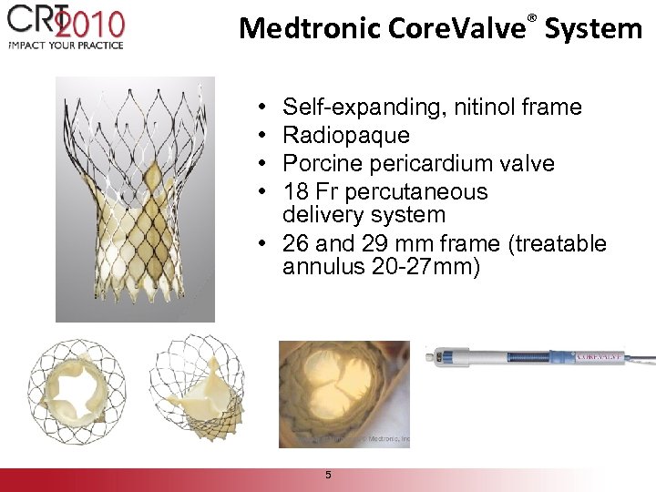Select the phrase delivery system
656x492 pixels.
[x=364, y=215]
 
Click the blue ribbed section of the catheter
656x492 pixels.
[x=509, y=357]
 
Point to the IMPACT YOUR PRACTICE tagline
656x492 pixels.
[x=65, y=44]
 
